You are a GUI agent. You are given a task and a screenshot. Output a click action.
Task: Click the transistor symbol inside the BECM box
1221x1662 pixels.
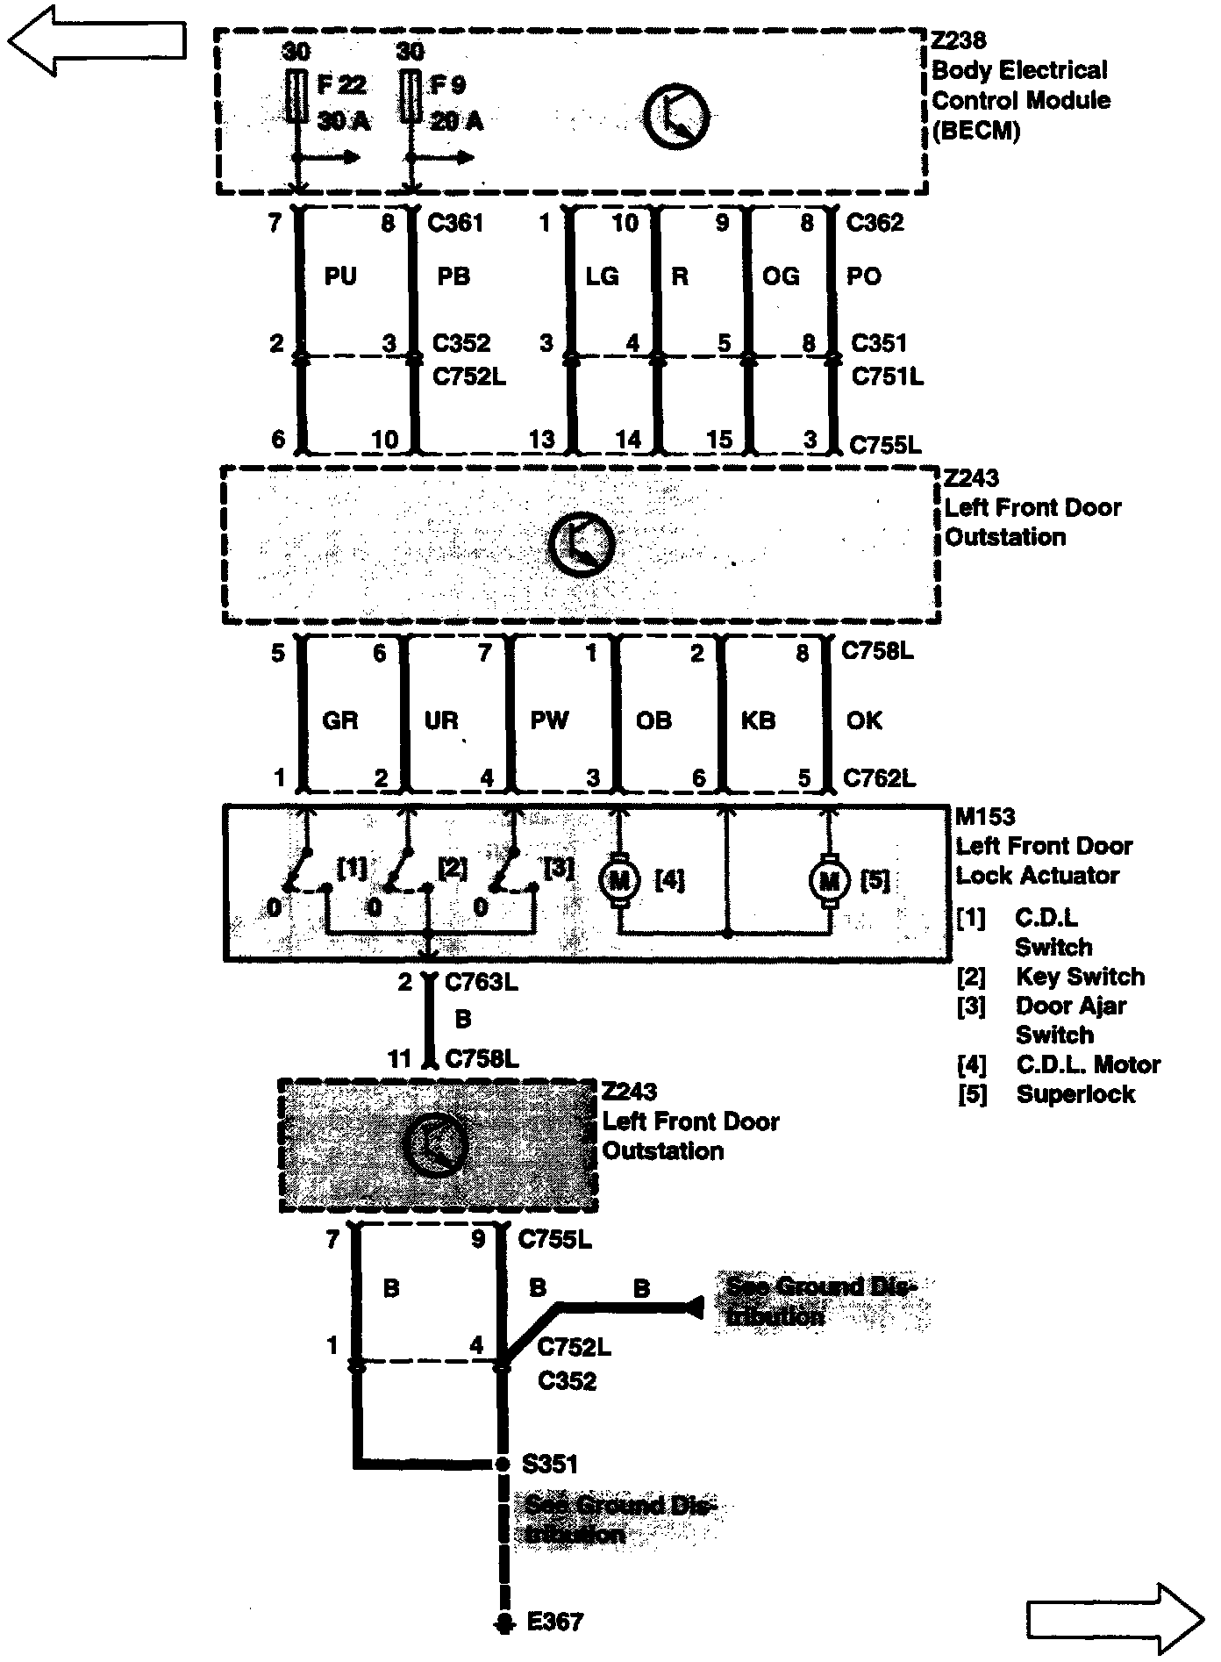point(676,116)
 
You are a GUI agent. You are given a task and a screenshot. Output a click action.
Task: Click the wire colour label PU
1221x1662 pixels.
point(340,276)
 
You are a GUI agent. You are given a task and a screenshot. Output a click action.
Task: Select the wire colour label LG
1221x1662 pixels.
point(603,276)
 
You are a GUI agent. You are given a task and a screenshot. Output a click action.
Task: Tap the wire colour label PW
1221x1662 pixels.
point(550,720)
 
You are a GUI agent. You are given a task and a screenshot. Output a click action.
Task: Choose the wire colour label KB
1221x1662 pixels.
point(758,720)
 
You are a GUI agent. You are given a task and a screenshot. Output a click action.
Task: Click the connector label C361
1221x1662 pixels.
point(455,223)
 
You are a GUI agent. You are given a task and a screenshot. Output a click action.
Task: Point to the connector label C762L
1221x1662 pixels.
point(879,777)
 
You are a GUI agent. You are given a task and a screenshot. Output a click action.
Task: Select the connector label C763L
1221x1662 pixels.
point(482,982)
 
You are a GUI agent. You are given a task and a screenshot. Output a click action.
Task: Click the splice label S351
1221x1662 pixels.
point(550,1464)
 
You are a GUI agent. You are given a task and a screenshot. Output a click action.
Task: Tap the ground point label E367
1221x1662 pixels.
point(555,1622)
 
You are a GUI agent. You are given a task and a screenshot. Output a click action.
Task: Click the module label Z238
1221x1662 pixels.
point(959,40)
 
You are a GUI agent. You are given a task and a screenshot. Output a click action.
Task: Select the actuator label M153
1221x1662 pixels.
point(985,817)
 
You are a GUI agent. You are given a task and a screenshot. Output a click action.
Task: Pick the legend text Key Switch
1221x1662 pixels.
point(1080,977)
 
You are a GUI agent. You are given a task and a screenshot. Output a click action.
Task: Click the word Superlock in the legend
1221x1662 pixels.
point(1075,1094)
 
